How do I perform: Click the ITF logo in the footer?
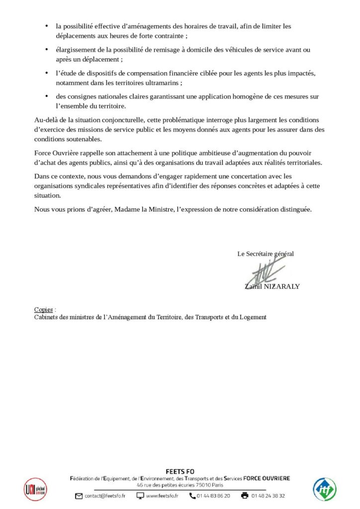(x=324, y=489)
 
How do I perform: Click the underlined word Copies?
(x=43, y=309)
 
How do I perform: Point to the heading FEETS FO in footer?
(x=180, y=471)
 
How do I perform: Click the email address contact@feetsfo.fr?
(x=105, y=496)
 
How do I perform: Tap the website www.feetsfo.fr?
(x=163, y=496)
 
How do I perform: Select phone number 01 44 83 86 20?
(x=213, y=496)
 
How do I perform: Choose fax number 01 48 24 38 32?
(x=269, y=496)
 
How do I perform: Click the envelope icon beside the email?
(x=79, y=496)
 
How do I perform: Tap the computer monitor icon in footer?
(x=140, y=496)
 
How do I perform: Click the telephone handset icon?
(x=192, y=496)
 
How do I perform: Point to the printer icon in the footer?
(x=245, y=496)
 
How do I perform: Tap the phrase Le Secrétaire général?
(x=266, y=254)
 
